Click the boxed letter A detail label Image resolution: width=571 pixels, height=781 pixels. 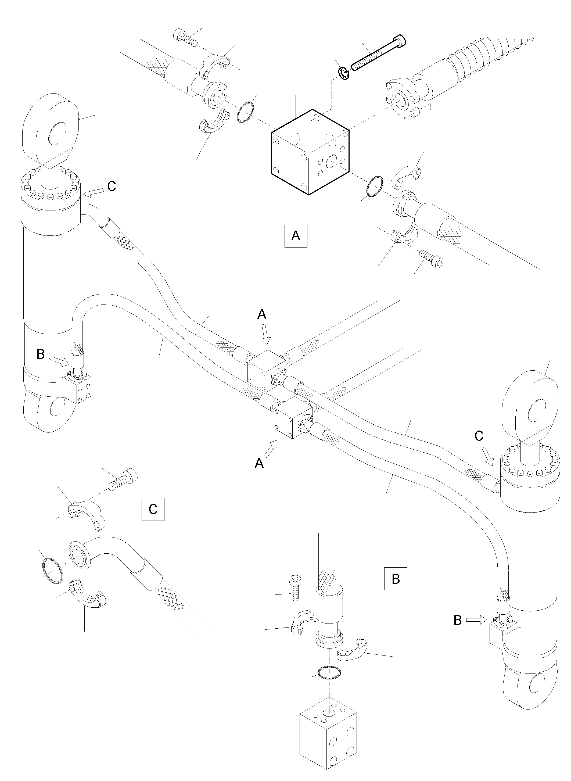296,236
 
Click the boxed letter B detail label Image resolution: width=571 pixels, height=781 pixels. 396,578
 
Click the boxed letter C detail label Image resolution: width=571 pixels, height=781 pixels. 153,509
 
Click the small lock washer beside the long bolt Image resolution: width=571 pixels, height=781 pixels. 344,74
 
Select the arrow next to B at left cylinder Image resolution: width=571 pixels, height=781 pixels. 59,361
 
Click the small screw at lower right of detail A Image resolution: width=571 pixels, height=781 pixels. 431,258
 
